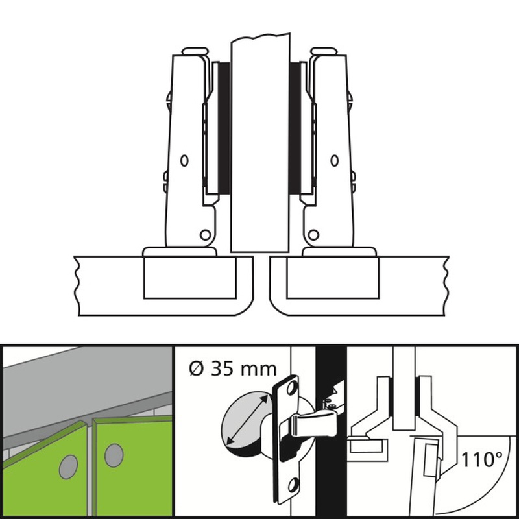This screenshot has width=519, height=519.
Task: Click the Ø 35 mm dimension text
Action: point(233,368)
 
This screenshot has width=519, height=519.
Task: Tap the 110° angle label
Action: point(481,459)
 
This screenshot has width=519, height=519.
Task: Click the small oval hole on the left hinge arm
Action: point(184,160)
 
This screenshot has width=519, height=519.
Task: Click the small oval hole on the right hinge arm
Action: point(335,160)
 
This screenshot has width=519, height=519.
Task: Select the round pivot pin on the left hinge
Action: point(205,235)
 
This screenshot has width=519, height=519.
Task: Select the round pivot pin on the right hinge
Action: point(313,235)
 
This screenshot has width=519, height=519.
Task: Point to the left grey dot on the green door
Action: point(69,466)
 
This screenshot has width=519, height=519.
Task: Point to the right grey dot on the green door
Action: point(114,455)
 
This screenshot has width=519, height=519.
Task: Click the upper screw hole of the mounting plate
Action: point(292,388)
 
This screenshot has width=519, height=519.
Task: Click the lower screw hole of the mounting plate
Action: point(293,485)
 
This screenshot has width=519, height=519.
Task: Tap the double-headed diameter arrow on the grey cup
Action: point(248,420)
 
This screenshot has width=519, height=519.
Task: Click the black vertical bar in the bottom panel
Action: point(331,431)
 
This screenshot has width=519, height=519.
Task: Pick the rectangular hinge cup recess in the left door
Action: point(189,278)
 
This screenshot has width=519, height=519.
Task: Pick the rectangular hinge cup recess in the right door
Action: point(333,278)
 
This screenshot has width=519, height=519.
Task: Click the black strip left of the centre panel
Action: point(224,128)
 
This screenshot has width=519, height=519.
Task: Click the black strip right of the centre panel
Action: point(295,128)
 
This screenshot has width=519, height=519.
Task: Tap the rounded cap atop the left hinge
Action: point(195,51)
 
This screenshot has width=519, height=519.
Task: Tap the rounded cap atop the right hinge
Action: point(324,51)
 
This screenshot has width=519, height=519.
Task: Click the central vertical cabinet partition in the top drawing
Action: point(260,142)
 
